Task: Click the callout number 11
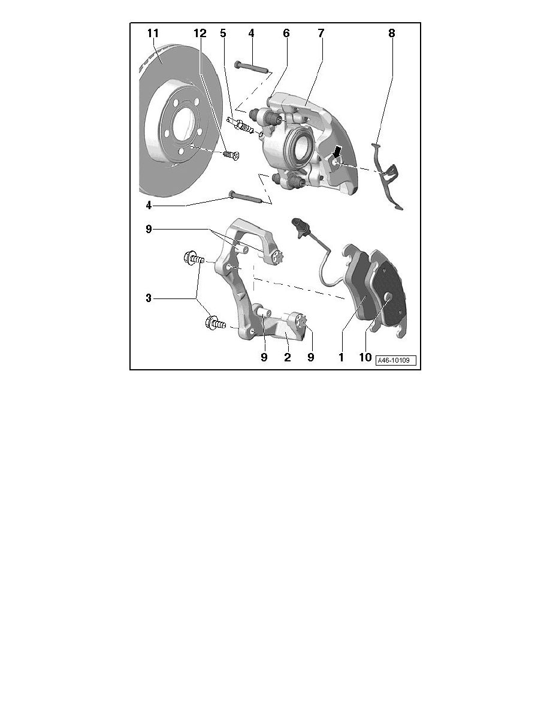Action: [x=153, y=33]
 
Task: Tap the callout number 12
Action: [x=200, y=33]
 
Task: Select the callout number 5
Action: [x=223, y=33]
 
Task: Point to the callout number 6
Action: [x=286, y=33]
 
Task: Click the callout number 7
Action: [x=321, y=33]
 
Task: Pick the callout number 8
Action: [x=391, y=33]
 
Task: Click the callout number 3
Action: [x=149, y=298]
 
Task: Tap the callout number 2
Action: [x=287, y=357]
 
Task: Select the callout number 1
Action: [x=341, y=357]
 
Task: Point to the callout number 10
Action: [x=365, y=357]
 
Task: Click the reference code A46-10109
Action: [x=394, y=361]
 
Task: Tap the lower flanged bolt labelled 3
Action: [x=214, y=323]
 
